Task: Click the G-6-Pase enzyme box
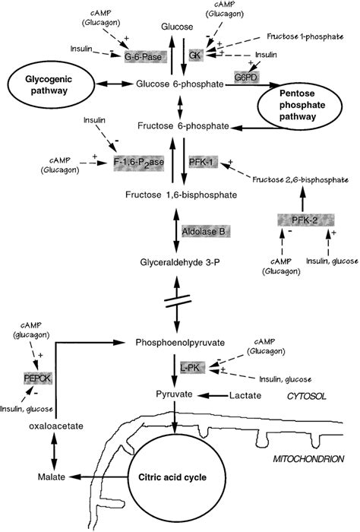click(x=142, y=57)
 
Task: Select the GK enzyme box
click(x=195, y=55)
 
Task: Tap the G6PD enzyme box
click(x=246, y=78)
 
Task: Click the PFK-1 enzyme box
click(x=202, y=163)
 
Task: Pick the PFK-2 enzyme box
click(x=306, y=220)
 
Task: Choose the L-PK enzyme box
click(x=193, y=367)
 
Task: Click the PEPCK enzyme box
click(x=38, y=378)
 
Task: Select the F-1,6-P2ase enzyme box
click(x=139, y=163)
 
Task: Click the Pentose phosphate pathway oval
click(x=297, y=105)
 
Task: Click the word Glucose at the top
click(x=177, y=27)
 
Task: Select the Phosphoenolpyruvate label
click(x=180, y=343)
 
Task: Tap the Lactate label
click(x=245, y=395)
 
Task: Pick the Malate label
click(x=51, y=477)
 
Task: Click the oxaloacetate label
click(x=56, y=426)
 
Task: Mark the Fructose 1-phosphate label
click(x=305, y=36)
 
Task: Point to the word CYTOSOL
click(x=306, y=396)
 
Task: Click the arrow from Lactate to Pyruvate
click(x=213, y=395)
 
